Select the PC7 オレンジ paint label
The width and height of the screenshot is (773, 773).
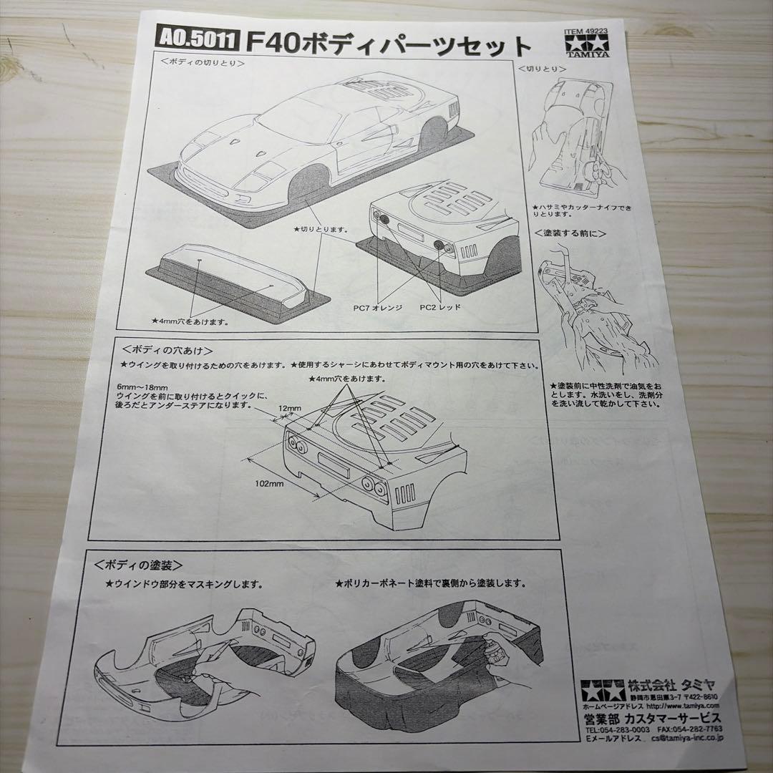point(378,307)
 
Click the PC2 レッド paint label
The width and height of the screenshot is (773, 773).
point(440,307)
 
